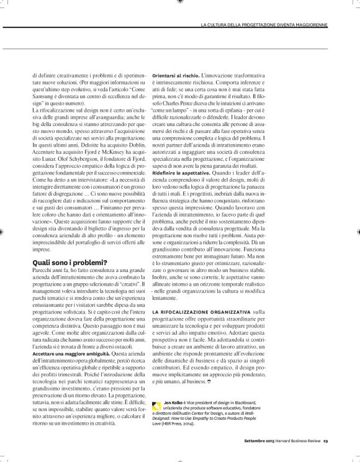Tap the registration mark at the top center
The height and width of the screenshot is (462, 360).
180,3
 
